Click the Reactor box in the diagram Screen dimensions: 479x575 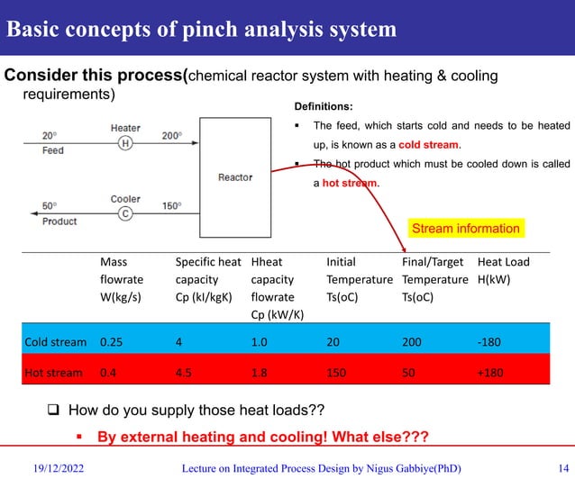point(235,176)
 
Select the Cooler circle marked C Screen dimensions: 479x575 point(125,213)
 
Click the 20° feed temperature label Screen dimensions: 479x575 point(51,136)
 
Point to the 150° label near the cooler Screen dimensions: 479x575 point(170,206)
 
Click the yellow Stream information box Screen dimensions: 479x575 point(465,229)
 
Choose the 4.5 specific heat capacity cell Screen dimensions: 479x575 point(186,372)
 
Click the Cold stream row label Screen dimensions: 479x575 point(55,342)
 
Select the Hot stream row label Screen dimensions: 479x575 point(53,372)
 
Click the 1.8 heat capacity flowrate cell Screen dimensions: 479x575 point(260,372)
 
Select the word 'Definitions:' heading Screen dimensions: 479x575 point(327,105)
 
